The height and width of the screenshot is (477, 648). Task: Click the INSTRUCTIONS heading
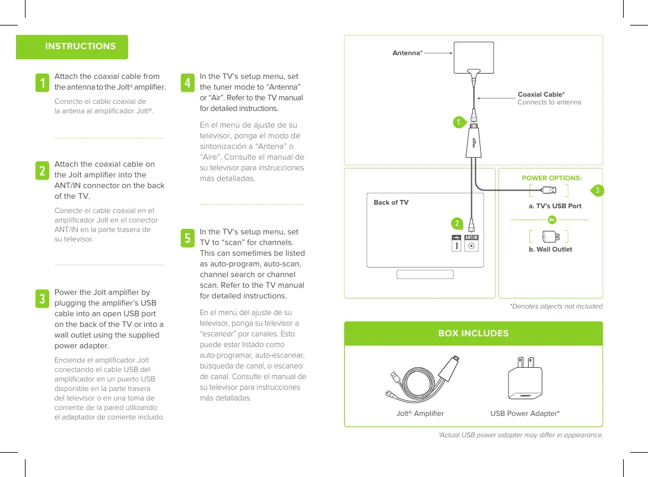pos(80,46)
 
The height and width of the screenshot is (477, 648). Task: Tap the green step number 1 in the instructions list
pos(42,83)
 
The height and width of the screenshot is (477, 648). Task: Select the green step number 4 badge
pos(188,83)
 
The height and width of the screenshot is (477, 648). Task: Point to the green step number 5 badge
pos(188,238)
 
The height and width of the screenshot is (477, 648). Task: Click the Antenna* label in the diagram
pos(407,53)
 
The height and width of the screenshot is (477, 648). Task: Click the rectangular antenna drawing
pos(473,58)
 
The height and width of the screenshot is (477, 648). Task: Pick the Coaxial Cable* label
pos(541,94)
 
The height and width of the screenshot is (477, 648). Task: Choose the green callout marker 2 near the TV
pos(457,223)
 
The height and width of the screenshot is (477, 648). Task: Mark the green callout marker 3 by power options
pos(598,190)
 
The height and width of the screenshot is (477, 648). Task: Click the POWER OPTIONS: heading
pos(551,178)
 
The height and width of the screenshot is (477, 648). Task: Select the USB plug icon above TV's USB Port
pos(549,190)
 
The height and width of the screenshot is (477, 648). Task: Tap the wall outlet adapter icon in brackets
pos(549,235)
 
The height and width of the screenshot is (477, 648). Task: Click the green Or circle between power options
pos(552,220)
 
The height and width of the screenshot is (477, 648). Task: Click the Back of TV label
pos(390,202)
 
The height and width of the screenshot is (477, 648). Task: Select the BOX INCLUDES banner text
pos(473,333)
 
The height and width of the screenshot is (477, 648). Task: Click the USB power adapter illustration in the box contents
pos(525,378)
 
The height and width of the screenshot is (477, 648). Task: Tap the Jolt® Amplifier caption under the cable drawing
pos(420,414)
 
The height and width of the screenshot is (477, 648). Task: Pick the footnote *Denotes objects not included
pos(556,306)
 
